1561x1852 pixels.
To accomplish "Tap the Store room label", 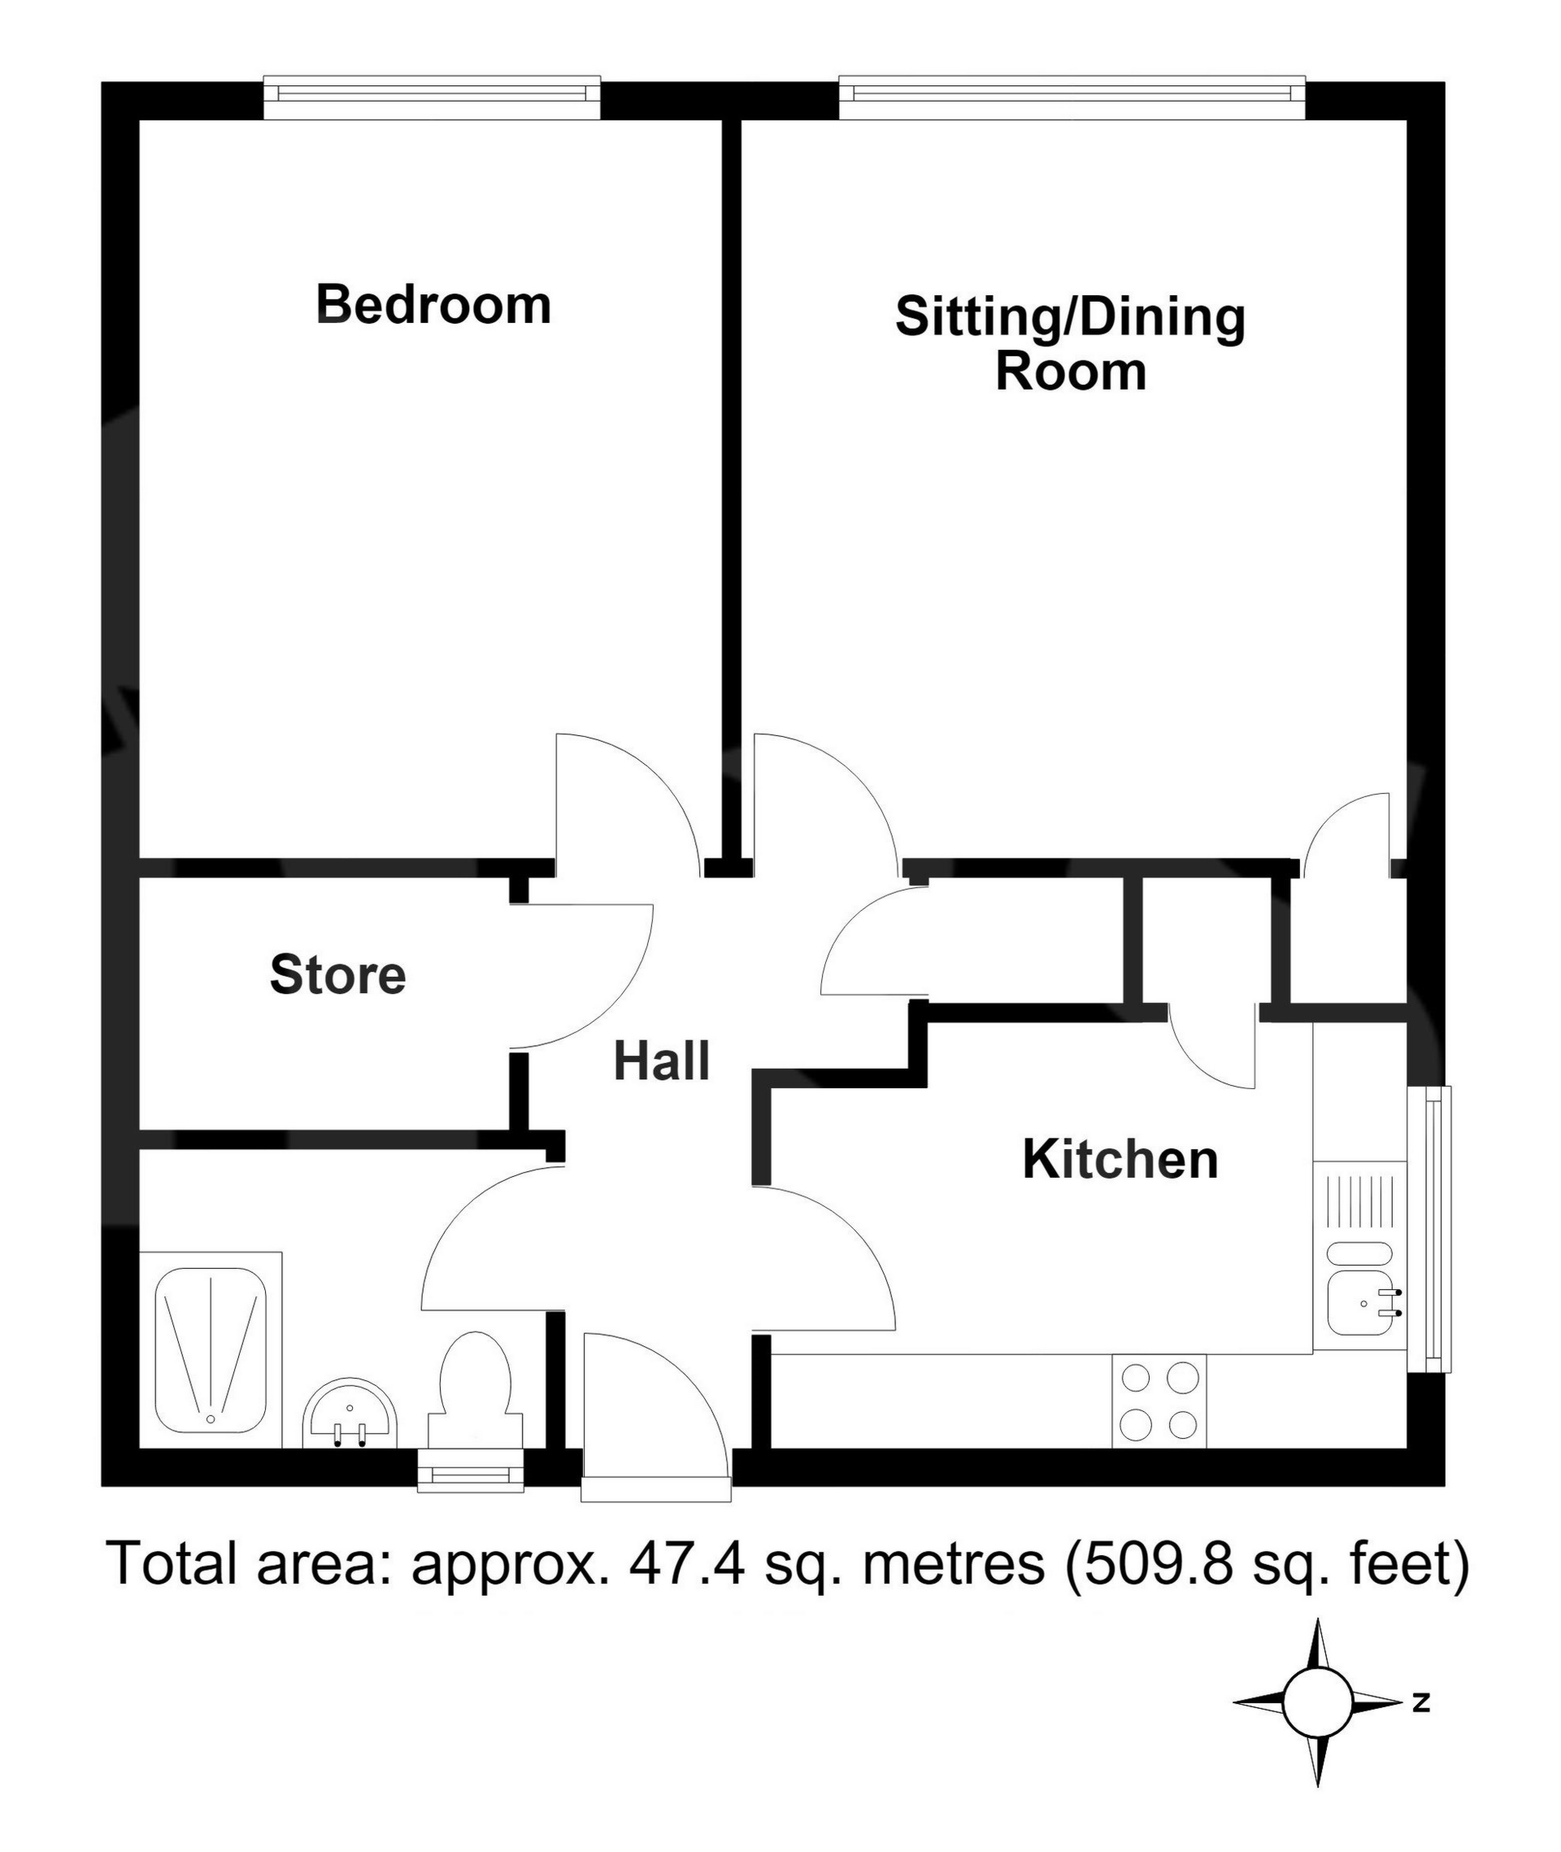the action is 338,974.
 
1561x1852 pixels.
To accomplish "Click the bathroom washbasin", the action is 351,1413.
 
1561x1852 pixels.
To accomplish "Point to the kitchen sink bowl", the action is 1361,1303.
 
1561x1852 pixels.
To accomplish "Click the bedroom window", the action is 433,98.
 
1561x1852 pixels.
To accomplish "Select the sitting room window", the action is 1072,98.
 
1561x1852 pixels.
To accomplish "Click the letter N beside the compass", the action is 1421,1702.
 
